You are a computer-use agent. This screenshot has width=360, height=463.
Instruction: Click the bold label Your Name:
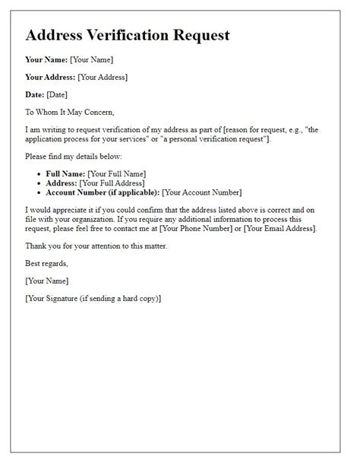pyautogui.click(x=46, y=59)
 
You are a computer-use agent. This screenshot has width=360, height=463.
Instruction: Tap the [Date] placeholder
pyautogui.click(x=57, y=94)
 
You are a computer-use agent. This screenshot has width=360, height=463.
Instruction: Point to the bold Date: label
pyautogui.click(x=35, y=94)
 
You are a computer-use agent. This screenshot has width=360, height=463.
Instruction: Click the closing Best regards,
pyautogui.click(x=47, y=264)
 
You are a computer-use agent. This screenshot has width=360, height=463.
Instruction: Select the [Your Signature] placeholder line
pyautogui.click(x=93, y=299)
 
